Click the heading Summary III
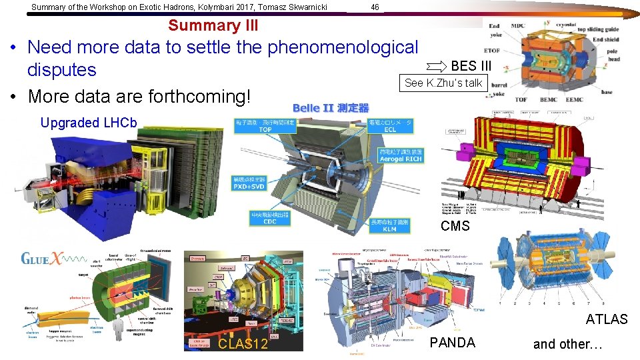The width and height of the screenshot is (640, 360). click(213, 25)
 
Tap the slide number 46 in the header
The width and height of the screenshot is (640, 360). click(375, 7)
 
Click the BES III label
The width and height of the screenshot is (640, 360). click(471, 66)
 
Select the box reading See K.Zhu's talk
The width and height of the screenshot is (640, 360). click(443, 83)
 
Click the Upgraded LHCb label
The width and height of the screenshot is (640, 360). click(89, 123)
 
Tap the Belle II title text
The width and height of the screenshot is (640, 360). click(331, 108)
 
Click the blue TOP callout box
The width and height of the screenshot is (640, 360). click(265, 125)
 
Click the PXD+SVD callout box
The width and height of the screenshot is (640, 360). click(249, 183)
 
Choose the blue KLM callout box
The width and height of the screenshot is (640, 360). click(389, 225)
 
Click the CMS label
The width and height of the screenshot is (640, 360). click(455, 226)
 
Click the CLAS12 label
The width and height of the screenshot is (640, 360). click(243, 344)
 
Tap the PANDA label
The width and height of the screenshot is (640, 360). click(453, 343)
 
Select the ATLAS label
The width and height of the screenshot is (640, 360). click(607, 319)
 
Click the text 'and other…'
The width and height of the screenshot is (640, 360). click(567, 344)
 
